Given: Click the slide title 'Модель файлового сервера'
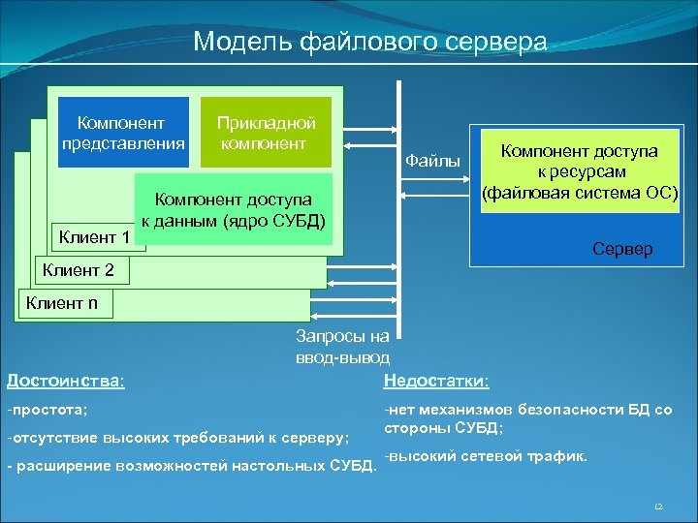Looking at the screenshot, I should tap(369, 43).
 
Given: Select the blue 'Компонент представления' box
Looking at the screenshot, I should tap(122, 134).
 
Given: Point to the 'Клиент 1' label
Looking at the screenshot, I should tap(95, 237).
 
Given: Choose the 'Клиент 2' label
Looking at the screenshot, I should tap(79, 270).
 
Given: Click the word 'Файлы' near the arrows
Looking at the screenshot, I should tap(431, 161).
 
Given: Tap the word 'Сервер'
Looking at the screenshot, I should tap(621, 249).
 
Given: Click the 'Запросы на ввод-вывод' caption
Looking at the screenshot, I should tap(342, 346).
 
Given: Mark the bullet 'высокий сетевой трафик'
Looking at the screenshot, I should tap(485, 456).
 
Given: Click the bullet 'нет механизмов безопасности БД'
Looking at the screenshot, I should tap(527, 418).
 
